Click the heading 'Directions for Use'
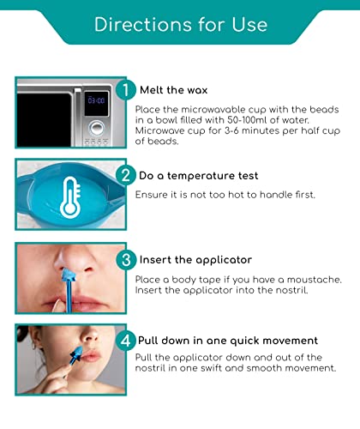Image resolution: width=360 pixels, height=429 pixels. (x=180, y=24)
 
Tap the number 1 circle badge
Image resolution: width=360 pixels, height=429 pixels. (x=125, y=89)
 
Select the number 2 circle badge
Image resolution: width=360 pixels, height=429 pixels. (x=125, y=175)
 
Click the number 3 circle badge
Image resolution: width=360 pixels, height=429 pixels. (x=125, y=260)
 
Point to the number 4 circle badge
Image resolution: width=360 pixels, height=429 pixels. (x=125, y=341)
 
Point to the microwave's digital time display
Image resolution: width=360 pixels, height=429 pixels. (x=97, y=100)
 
